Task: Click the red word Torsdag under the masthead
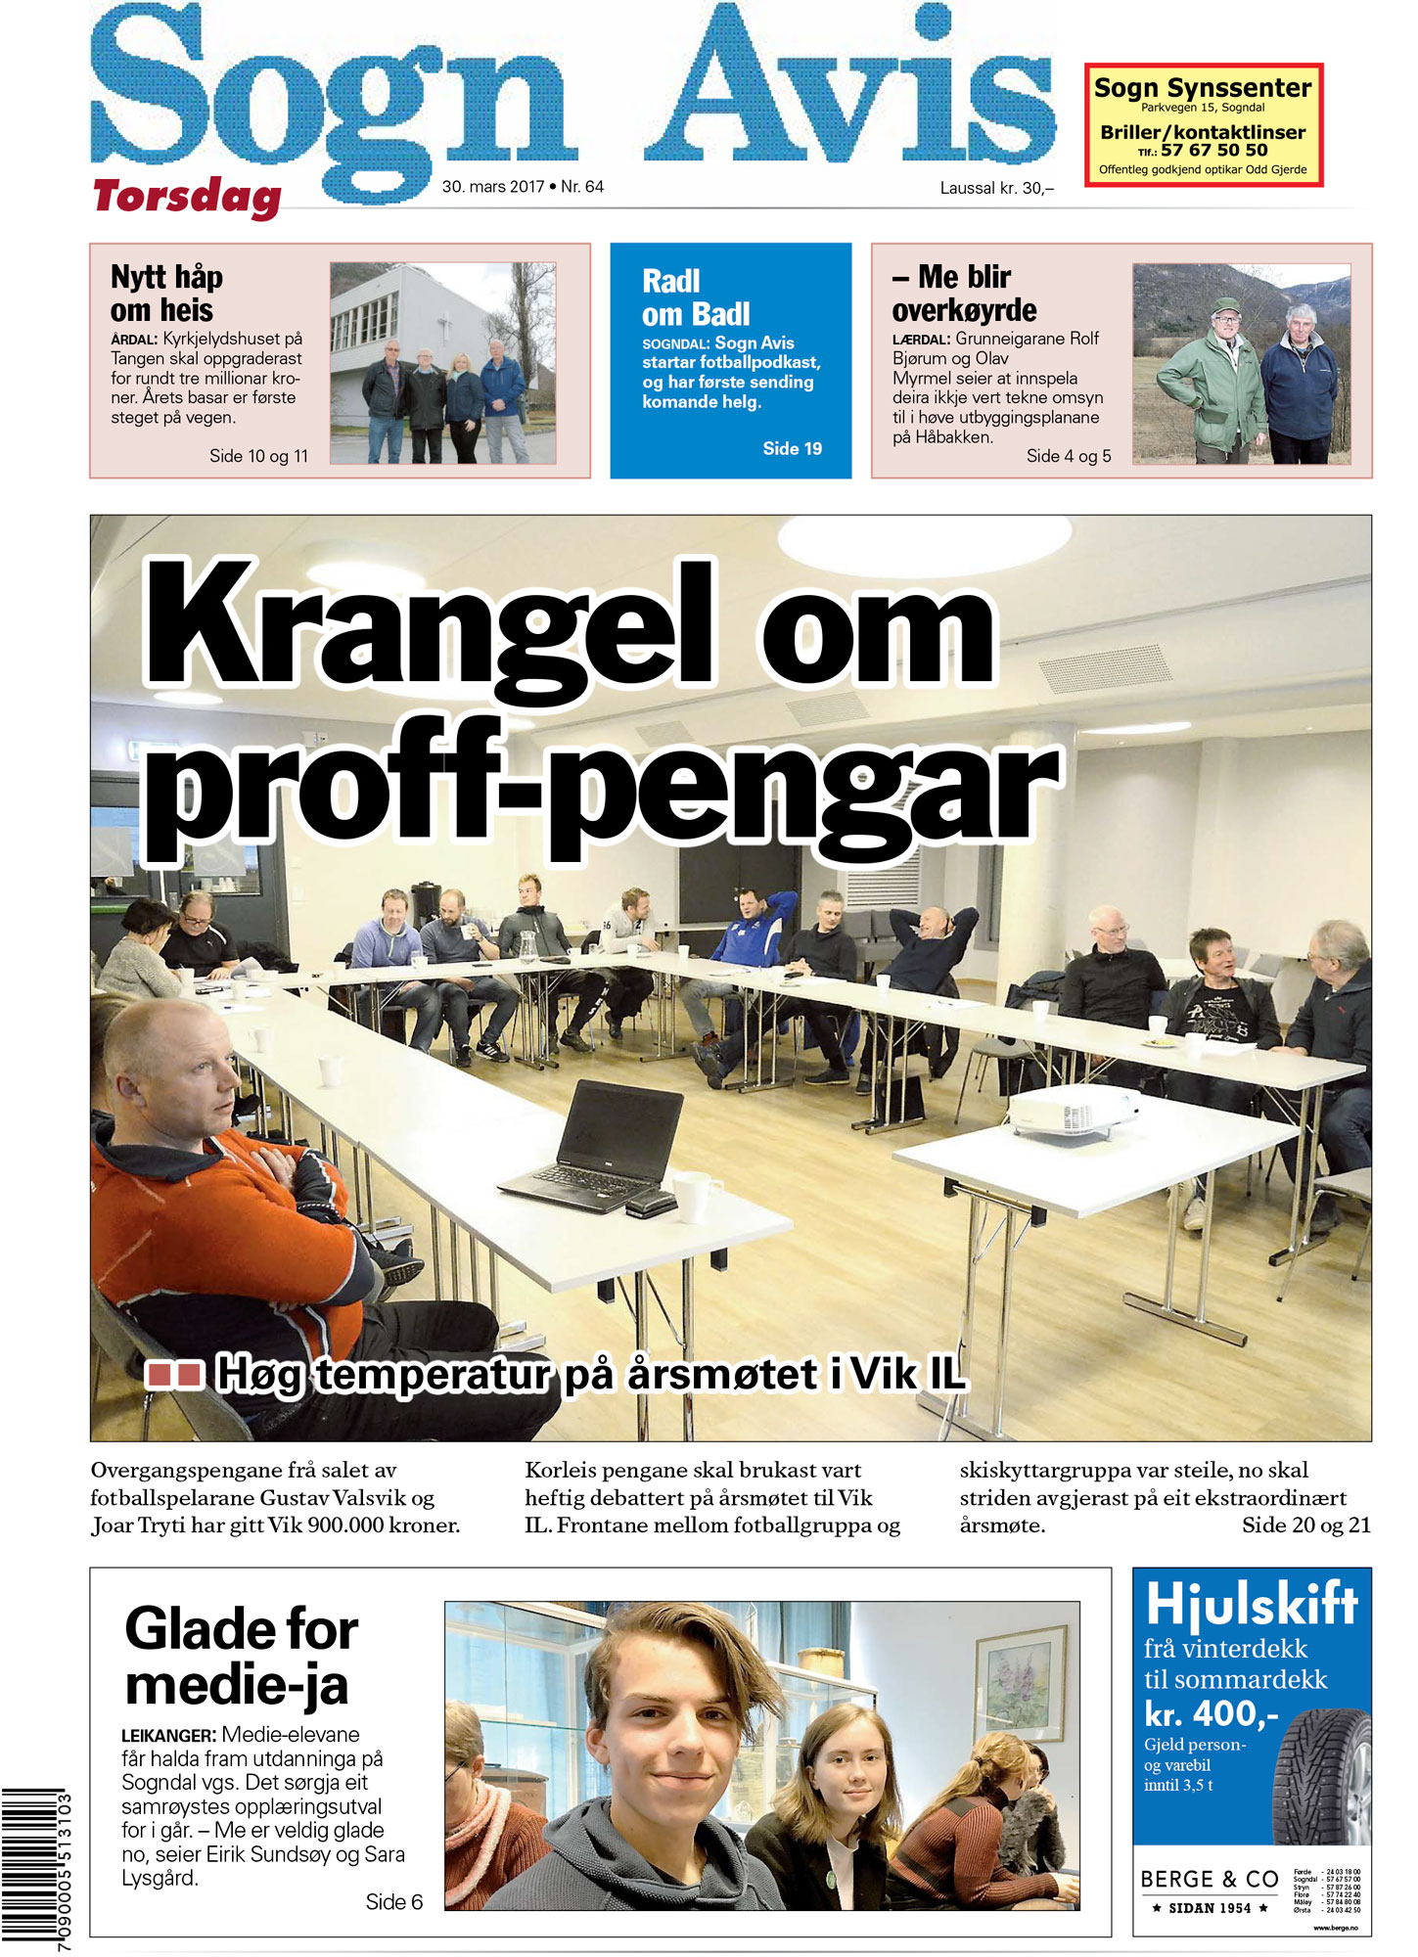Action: click(x=187, y=197)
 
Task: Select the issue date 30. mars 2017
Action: click(x=492, y=187)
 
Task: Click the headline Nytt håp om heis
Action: click(x=166, y=294)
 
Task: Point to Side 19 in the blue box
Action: click(x=792, y=449)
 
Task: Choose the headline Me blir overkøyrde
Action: click(x=964, y=294)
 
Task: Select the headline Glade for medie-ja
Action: click(x=241, y=1658)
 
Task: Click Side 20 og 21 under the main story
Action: click(x=1305, y=1525)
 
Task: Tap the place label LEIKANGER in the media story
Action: click(x=167, y=1736)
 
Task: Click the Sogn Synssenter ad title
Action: click(x=1202, y=88)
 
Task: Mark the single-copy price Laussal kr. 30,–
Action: click(x=996, y=188)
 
